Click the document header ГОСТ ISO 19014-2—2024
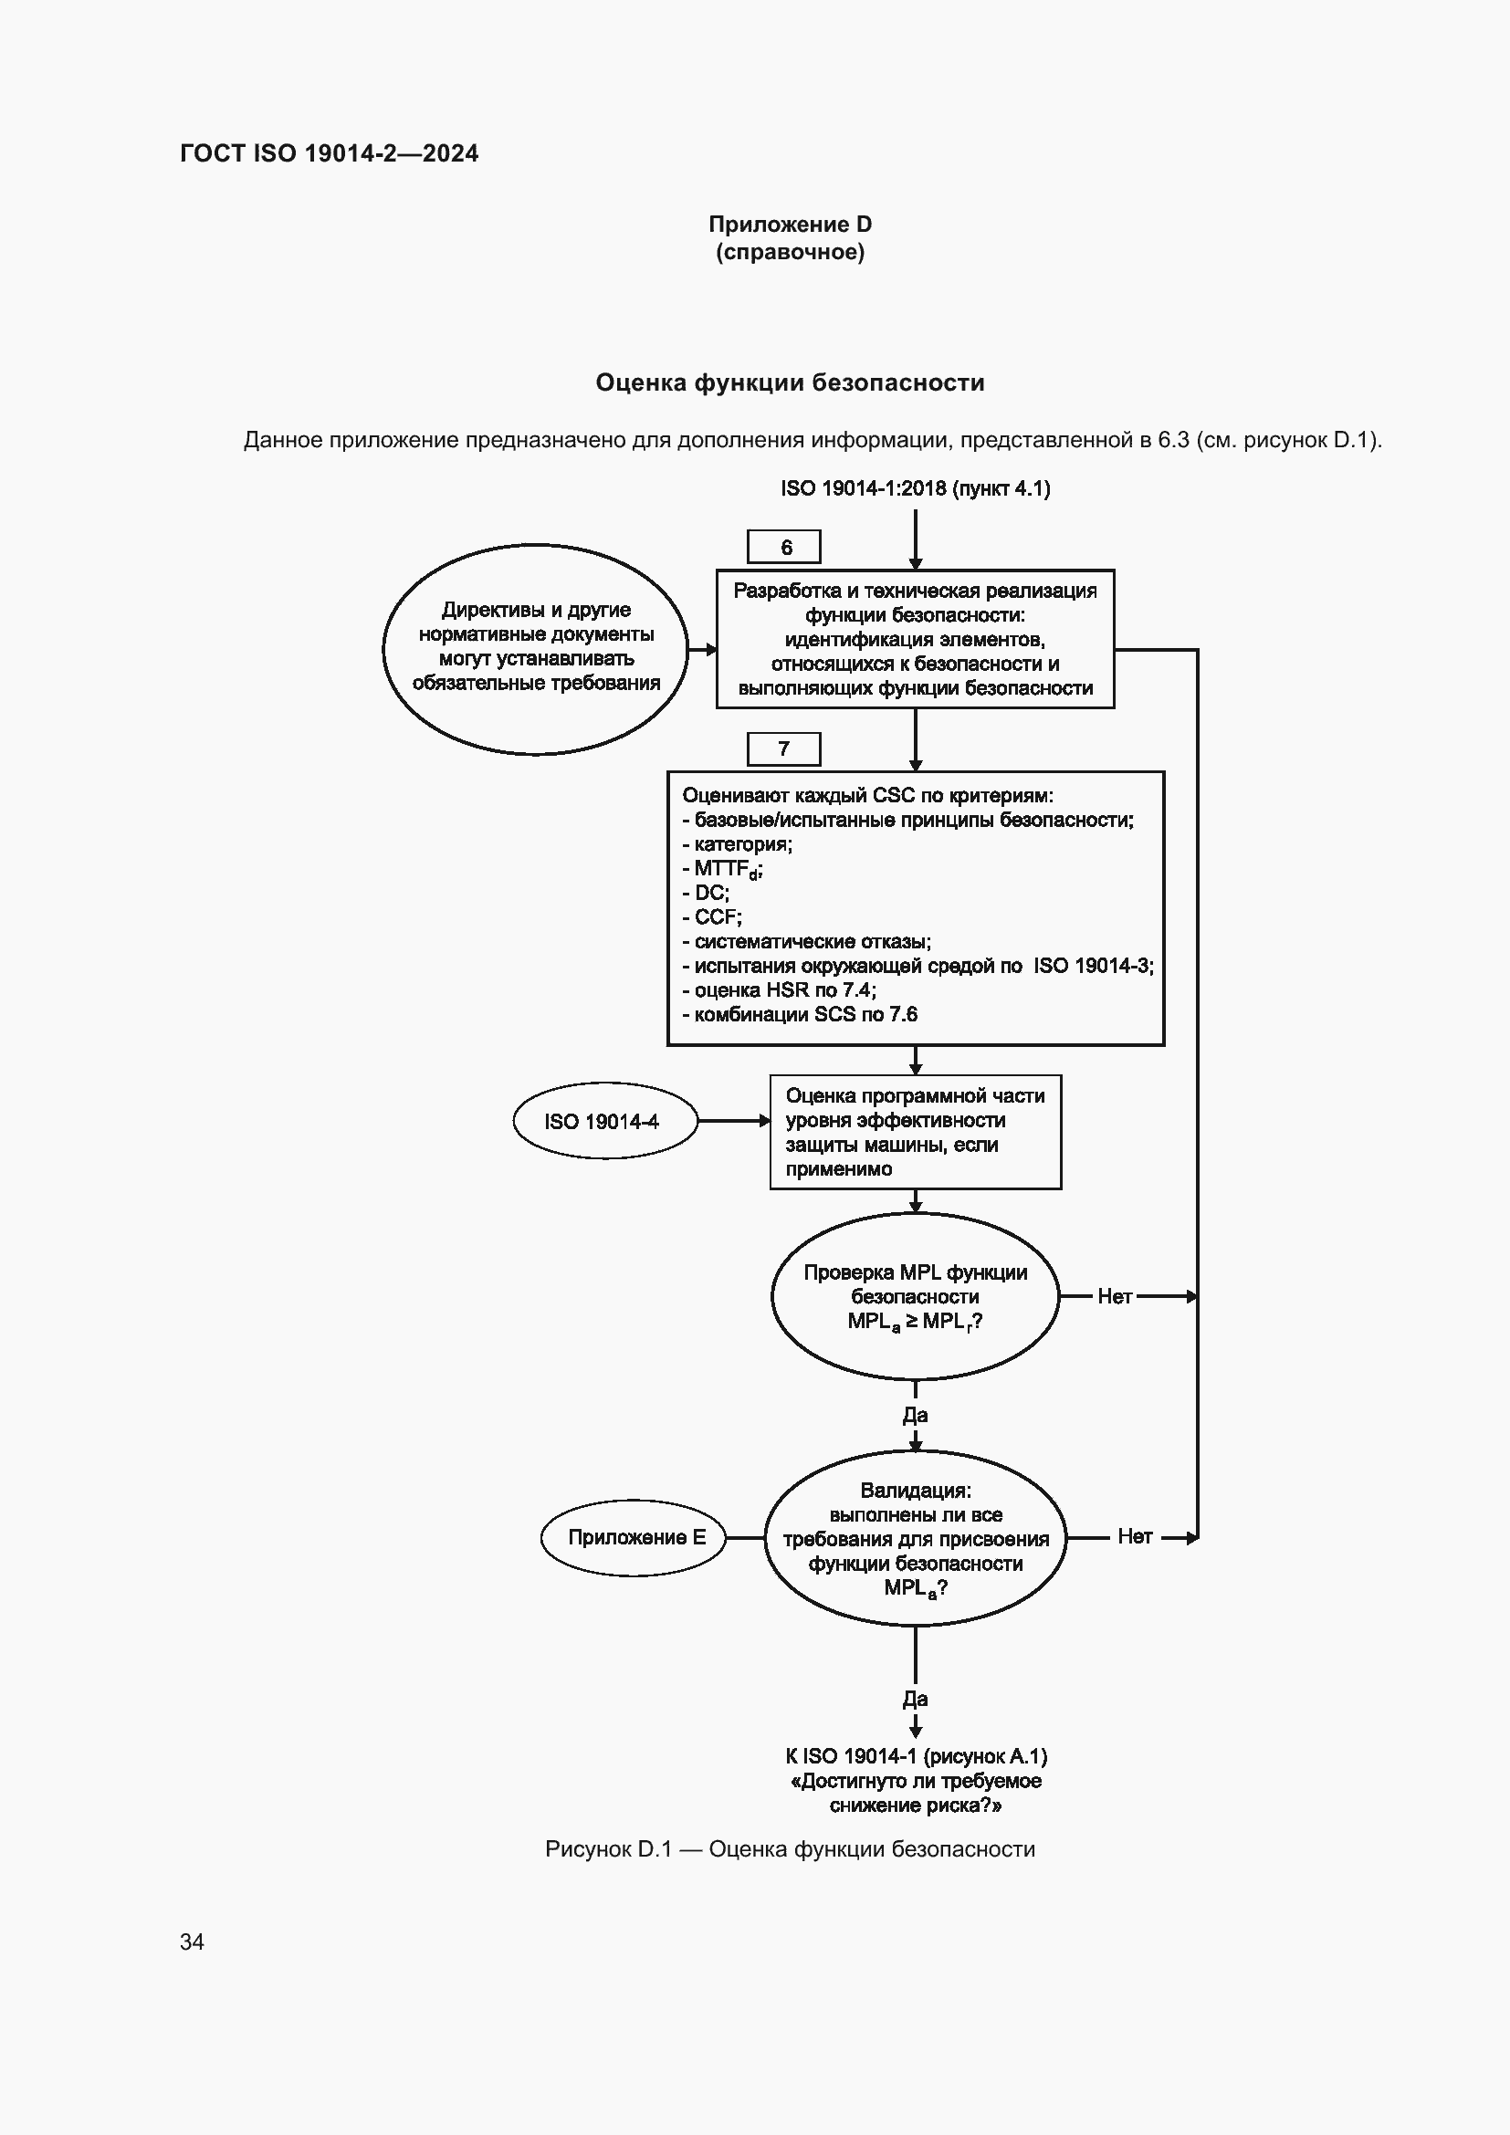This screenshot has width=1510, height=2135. click(x=330, y=153)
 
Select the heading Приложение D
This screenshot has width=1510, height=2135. click(x=790, y=225)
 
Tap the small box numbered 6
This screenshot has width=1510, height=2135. click(x=784, y=547)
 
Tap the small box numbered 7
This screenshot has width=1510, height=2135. click(x=784, y=748)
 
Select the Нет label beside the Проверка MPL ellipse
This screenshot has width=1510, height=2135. click(x=1114, y=1296)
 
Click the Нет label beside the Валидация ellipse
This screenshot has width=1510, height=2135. click(x=1135, y=1536)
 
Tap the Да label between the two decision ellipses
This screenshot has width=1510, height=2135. click(x=915, y=1414)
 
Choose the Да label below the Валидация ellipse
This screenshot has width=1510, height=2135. click(x=915, y=1698)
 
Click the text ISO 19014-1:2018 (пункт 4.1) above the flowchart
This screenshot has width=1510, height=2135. click(x=915, y=488)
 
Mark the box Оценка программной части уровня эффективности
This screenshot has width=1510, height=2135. click(x=915, y=1132)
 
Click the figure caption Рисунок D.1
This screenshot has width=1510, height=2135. click(x=790, y=1848)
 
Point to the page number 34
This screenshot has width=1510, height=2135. click(x=192, y=1941)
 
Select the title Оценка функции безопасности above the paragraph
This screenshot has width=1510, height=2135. click(x=790, y=382)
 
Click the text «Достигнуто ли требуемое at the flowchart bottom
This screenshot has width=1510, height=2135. click(x=915, y=1780)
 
